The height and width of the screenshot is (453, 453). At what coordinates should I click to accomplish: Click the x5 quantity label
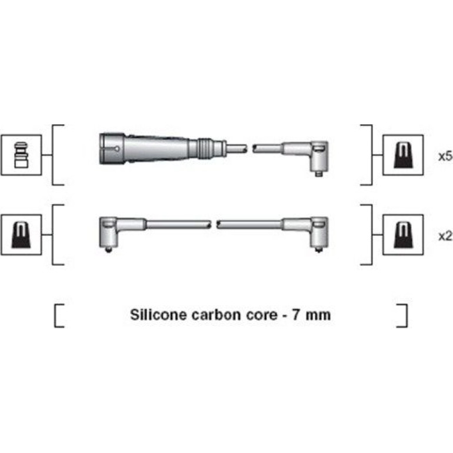click(x=445, y=156)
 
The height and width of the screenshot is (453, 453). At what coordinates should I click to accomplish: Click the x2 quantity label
click(x=445, y=236)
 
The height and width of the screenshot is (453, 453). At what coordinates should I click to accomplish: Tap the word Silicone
click(x=158, y=314)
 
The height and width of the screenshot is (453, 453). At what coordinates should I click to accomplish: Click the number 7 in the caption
click(x=295, y=315)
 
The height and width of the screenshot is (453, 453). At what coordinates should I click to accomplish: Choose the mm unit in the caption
click(x=318, y=315)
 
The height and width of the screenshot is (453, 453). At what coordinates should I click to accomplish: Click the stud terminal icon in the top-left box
click(x=21, y=155)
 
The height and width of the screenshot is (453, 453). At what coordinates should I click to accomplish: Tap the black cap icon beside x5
click(x=403, y=155)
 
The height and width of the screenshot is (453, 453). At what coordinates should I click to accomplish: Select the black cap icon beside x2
click(x=403, y=235)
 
